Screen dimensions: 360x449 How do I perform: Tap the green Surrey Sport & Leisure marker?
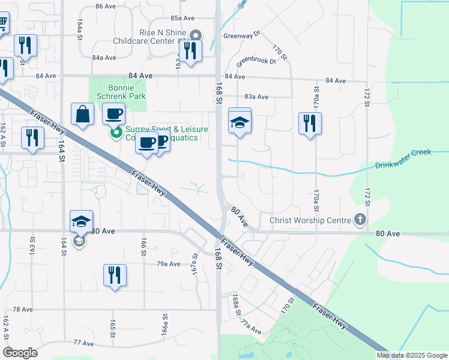pyautogui.click(x=116, y=132)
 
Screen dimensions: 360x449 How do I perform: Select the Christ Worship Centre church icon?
pyautogui.click(x=360, y=220)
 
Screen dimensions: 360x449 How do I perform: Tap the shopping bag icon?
pyautogui.click(x=82, y=115)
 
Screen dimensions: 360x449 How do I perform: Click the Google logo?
pyautogui.click(x=20, y=353)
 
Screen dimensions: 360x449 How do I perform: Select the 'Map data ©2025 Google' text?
pyautogui.click(x=411, y=355)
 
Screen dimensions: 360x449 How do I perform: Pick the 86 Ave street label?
pyautogui.click(x=105, y=6)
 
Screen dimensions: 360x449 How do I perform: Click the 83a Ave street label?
pyautogui.click(x=256, y=97)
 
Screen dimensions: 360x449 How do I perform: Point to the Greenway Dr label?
pyautogui.click(x=241, y=35)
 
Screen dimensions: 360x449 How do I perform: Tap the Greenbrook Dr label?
pyautogui.click(x=255, y=61)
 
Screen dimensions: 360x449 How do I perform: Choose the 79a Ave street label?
pyautogui.click(x=169, y=263)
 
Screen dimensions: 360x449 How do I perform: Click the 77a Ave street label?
pyautogui.click(x=252, y=328)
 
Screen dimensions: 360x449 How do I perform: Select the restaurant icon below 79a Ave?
pyautogui.click(x=114, y=275)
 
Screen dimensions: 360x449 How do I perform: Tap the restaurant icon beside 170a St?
pyautogui.click(x=310, y=124)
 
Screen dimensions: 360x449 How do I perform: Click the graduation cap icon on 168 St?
pyautogui.click(x=240, y=122)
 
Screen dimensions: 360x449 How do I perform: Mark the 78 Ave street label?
pyautogui.click(x=23, y=309)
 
